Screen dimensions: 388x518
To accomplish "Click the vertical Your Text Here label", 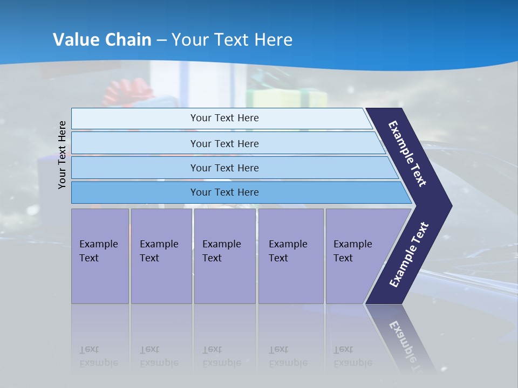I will (62, 155).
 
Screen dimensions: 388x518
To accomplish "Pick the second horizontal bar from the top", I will (224, 143).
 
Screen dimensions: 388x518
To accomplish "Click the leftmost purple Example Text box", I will (100, 256).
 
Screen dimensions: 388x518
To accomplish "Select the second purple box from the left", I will (161, 256).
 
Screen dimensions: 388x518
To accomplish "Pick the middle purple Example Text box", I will (224, 256).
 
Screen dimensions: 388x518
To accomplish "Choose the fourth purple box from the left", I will (291, 256).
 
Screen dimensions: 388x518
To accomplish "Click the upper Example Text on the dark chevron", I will (407, 154).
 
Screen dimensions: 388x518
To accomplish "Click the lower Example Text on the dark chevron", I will (408, 255).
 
